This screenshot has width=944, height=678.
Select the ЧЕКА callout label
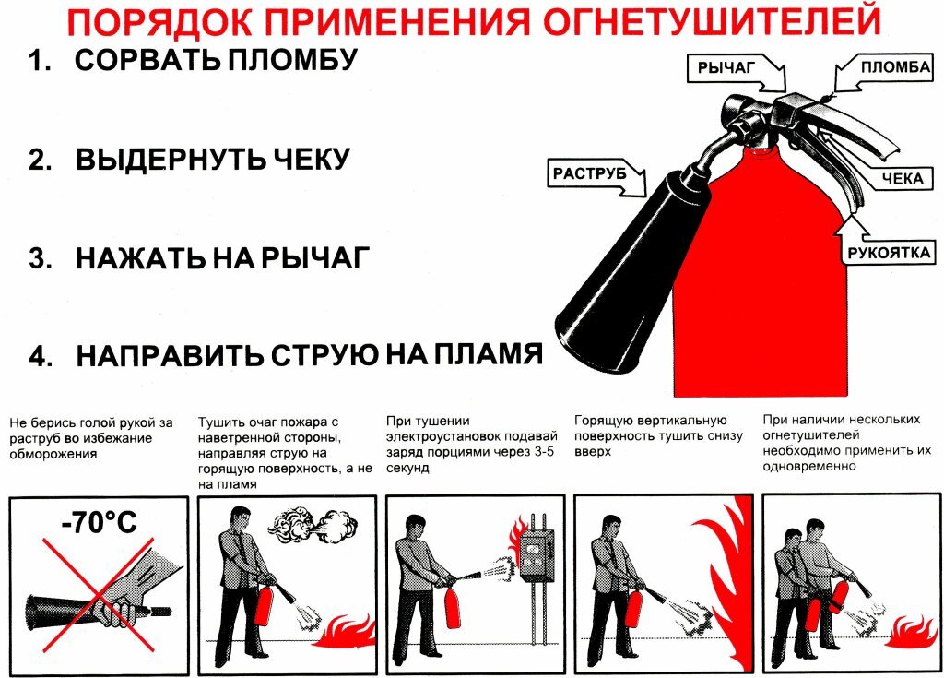(x=900, y=178)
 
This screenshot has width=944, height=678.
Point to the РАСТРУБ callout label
(x=590, y=172)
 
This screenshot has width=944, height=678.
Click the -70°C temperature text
(x=99, y=523)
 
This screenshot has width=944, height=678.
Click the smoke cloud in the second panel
(x=313, y=527)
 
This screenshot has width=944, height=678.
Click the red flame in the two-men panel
(x=913, y=633)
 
